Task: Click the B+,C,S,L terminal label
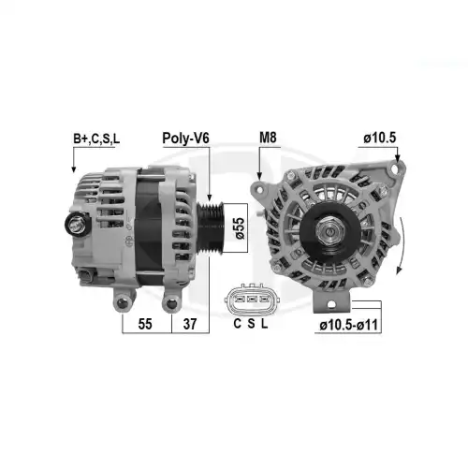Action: tap(96, 139)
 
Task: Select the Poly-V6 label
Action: tap(185, 139)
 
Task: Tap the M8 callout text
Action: tap(268, 138)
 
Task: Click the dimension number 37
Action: tap(190, 324)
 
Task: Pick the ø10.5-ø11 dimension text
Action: tap(348, 325)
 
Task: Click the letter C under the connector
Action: tap(238, 324)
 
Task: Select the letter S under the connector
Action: tap(251, 324)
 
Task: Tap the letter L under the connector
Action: tap(264, 324)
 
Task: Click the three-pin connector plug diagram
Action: tap(252, 300)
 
